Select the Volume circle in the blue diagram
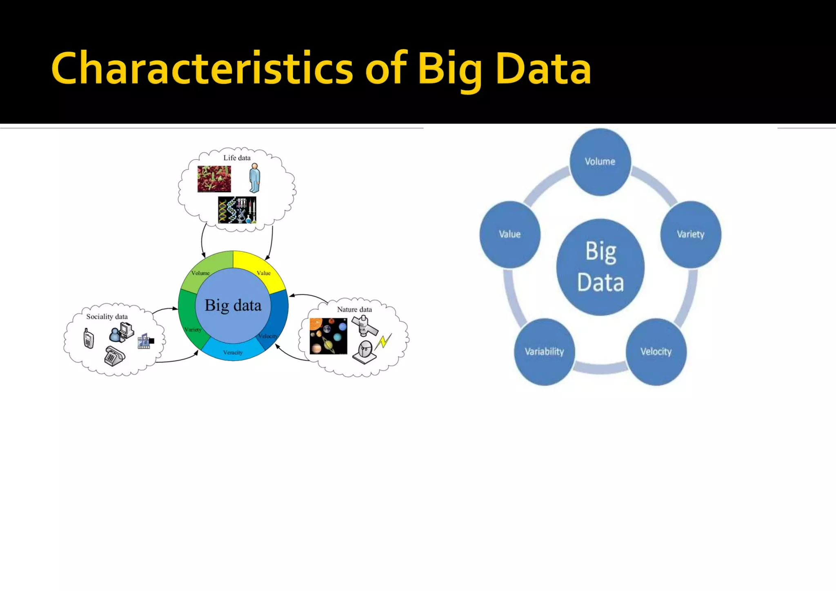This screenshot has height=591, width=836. [600, 162]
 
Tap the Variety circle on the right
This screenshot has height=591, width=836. [691, 234]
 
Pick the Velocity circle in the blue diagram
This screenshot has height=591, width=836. [656, 352]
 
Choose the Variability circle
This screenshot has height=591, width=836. [544, 352]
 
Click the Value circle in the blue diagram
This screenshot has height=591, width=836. [510, 234]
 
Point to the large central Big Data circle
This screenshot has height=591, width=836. [600, 267]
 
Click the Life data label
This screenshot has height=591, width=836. [237, 158]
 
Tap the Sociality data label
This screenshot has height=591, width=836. [107, 317]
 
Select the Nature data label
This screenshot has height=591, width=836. [354, 310]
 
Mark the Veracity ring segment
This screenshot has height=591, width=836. [233, 352]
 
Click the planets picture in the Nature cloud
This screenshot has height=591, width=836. [328, 336]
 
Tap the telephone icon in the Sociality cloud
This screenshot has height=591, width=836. [115, 356]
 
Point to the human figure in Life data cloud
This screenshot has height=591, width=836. [255, 178]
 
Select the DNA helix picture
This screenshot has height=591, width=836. [237, 210]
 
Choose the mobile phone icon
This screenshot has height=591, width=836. [89, 338]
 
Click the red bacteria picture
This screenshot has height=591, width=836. [214, 179]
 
